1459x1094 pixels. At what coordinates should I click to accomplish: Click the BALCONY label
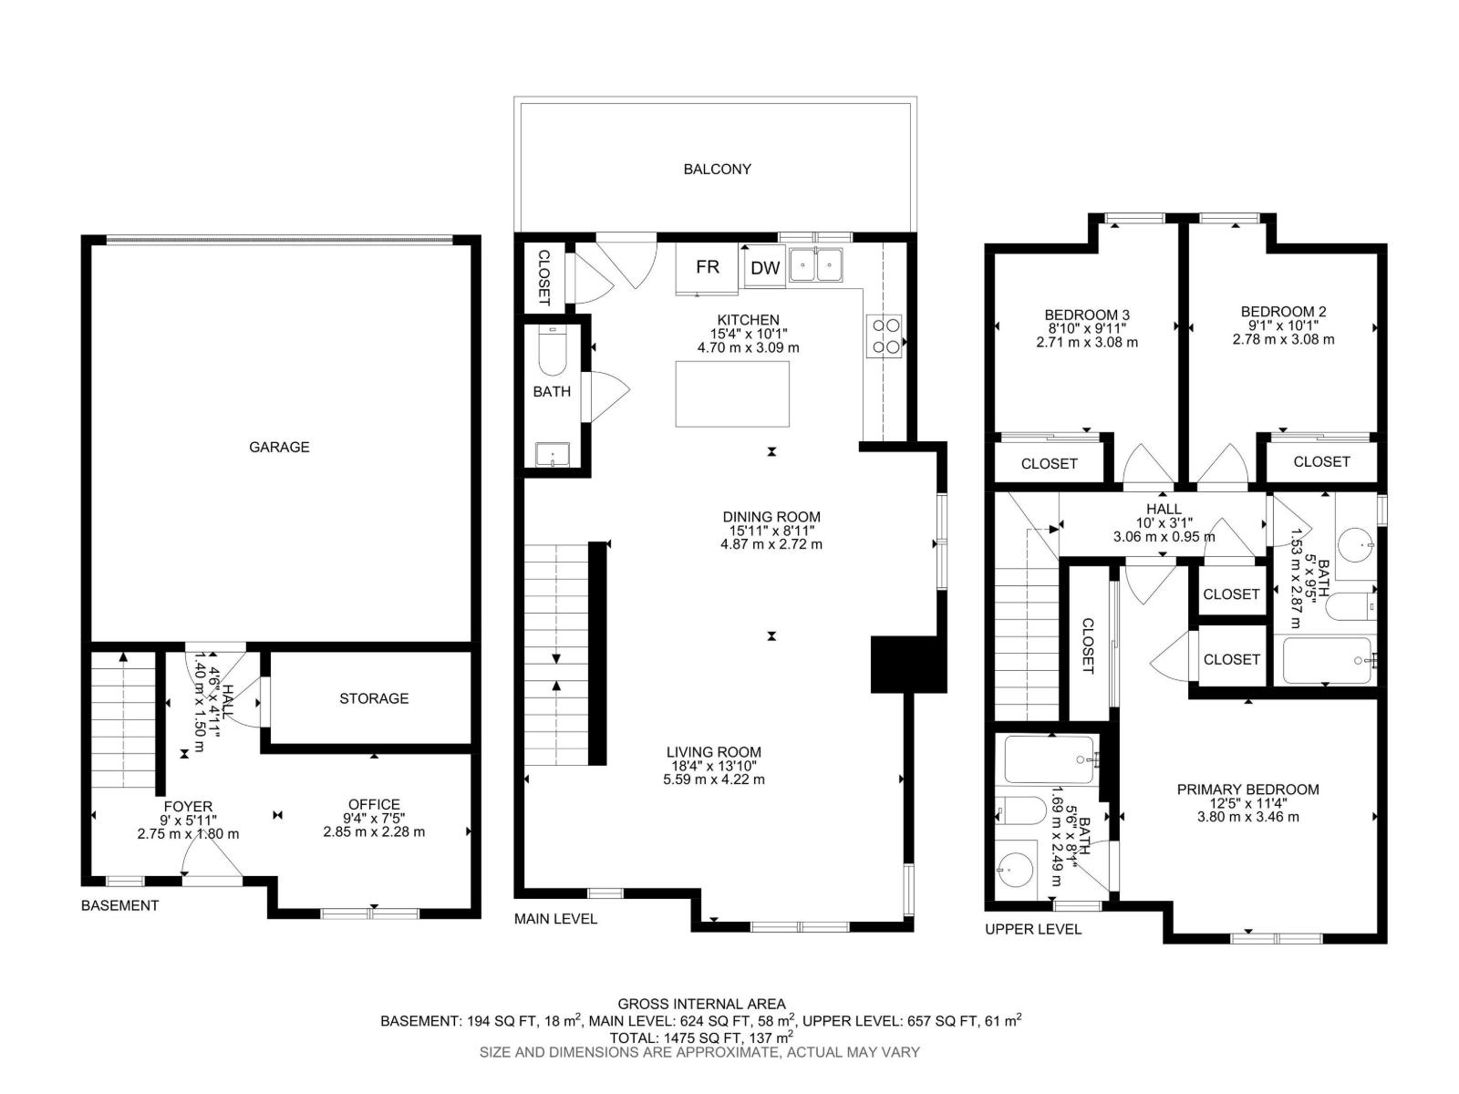pyautogui.click(x=717, y=170)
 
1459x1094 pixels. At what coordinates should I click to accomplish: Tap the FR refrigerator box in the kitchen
pyautogui.click(x=707, y=268)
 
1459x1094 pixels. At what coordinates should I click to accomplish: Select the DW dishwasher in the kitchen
pyautogui.click(x=764, y=268)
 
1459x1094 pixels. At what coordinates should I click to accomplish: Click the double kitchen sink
pyautogui.click(x=815, y=264)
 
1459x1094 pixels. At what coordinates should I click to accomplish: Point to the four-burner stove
pyautogui.click(x=885, y=336)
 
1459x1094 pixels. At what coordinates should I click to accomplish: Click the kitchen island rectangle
pyautogui.click(x=732, y=394)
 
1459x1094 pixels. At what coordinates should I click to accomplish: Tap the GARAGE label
pyautogui.click(x=278, y=447)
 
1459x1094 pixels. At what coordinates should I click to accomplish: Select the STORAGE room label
pyautogui.click(x=374, y=698)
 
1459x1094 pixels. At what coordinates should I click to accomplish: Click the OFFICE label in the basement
pyautogui.click(x=374, y=804)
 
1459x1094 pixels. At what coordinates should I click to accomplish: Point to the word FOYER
pyautogui.click(x=188, y=807)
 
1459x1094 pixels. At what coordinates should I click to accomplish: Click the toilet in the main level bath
pyautogui.click(x=551, y=351)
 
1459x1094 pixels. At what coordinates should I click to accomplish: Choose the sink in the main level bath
pyautogui.click(x=553, y=455)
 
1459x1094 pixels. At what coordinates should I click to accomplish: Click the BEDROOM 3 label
pyautogui.click(x=1087, y=315)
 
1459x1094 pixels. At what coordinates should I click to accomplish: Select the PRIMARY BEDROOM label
pyautogui.click(x=1247, y=790)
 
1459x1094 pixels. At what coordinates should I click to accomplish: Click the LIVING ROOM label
pyautogui.click(x=714, y=752)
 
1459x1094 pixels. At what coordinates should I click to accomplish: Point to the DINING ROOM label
pyautogui.click(x=771, y=517)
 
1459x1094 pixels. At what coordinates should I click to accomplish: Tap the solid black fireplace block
pyautogui.click(x=908, y=665)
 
